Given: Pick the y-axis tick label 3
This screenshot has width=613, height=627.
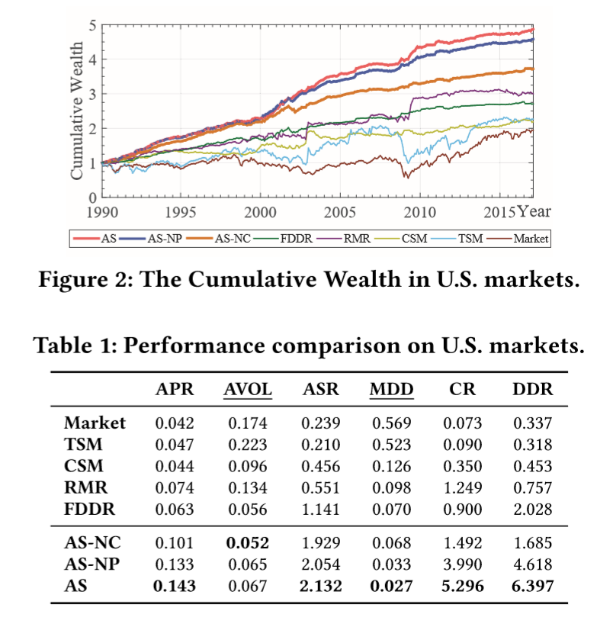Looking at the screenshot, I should (x=91, y=94).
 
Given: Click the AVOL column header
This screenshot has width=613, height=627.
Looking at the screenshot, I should (x=247, y=390).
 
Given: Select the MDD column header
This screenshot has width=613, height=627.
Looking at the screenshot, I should (x=391, y=390).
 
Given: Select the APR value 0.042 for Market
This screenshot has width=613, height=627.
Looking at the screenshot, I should (x=175, y=423).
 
